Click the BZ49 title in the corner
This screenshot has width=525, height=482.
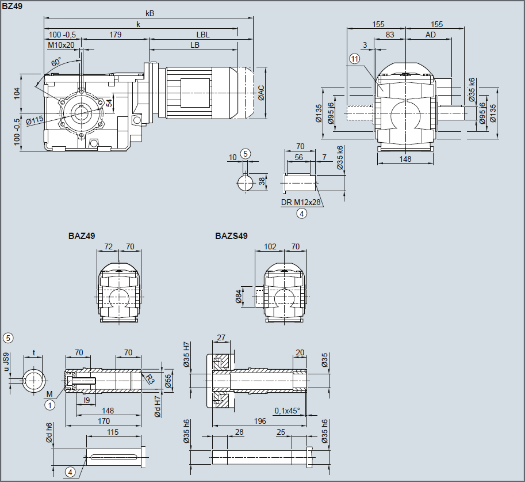(x=12, y=6)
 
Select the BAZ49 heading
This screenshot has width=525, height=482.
(x=82, y=236)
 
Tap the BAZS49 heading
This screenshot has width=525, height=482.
(x=231, y=236)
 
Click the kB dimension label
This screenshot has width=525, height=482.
(x=150, y=13)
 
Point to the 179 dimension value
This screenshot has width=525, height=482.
(x=116, y=35)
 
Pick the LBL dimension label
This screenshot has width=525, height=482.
(x=203, y=35)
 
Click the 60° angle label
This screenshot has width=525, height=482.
(x=56, y=62)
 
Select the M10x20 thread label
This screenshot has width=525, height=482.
(x=61, y=45)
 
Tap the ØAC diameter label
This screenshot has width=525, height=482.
(x=261, y=93)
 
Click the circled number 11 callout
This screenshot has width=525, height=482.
(x=354, y=59)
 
